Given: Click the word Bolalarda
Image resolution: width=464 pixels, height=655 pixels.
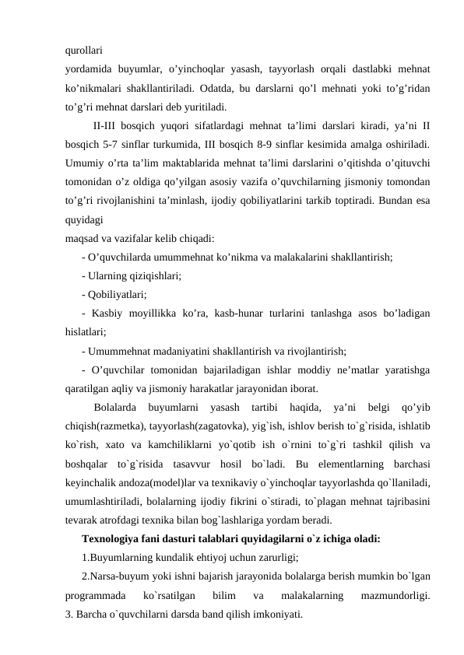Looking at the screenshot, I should point(115,406).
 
